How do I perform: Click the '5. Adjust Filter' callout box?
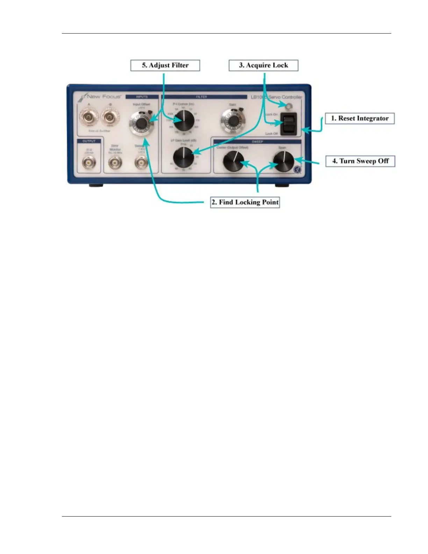[165, 65]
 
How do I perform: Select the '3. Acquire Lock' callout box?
[263, 65]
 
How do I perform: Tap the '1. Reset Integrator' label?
[360, 118]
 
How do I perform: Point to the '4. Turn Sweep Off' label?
[360, 161]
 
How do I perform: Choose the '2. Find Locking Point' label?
[245, 202]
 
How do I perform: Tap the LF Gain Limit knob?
[183, 157]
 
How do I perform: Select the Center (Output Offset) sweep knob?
[233, 161]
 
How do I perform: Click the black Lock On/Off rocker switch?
[289, 124]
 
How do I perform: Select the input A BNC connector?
[89, 117]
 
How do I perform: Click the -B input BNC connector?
[110, 117]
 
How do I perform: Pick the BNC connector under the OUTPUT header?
[89, 162]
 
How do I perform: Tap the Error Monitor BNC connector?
[115, 162]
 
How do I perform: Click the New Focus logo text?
[104, 97]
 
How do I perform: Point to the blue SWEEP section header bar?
[257, 142]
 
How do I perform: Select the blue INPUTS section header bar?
[142, 97]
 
